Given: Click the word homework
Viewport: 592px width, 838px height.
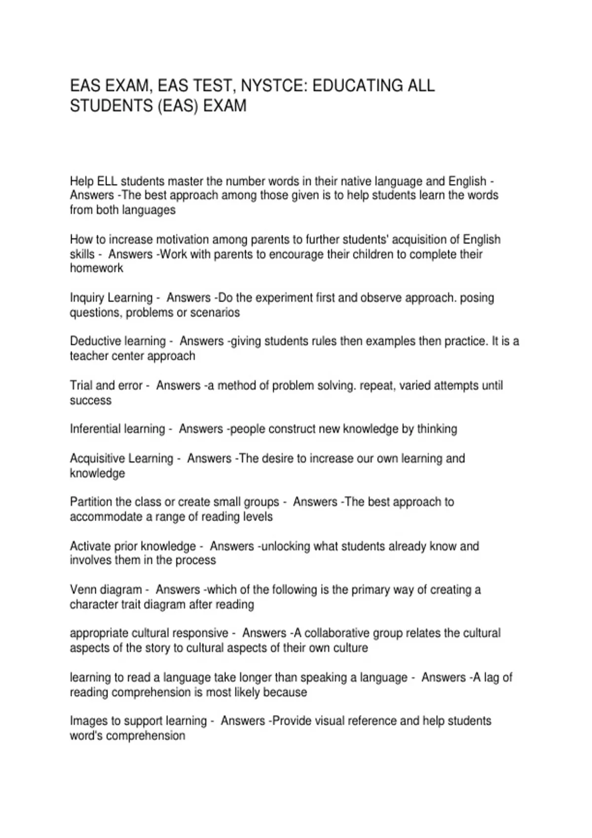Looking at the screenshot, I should tap(97, 268).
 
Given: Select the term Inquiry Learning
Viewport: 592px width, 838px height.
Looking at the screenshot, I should tap(111, 298).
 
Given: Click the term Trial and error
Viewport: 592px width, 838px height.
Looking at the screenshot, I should tap(106, 385).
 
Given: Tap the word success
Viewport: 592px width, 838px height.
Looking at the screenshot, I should tap(91, 400).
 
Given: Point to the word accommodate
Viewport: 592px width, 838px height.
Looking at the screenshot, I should tap(99, 517).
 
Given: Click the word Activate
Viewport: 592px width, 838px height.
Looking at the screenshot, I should tap(90, 546).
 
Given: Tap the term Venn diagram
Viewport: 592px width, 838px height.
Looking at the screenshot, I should tap(106, 590).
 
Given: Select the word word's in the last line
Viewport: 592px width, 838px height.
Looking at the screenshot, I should tap(86, 735).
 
